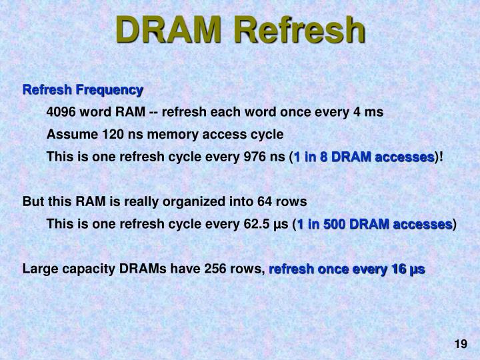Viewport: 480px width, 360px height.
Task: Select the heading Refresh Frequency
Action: [83, 89]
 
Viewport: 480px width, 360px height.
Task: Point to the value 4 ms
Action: [369, 112]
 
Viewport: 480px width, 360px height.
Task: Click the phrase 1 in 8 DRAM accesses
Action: [364, 157]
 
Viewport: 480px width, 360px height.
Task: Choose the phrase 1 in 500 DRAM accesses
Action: [375, 224]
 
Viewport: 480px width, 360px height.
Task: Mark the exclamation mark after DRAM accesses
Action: [441, 157]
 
